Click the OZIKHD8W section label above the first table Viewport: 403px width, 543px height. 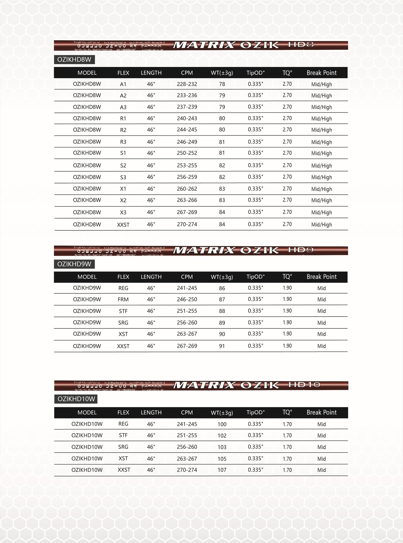coord(74,59)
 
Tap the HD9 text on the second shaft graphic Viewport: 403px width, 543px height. coord(301,250)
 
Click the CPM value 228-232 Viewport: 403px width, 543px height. coord(187,84)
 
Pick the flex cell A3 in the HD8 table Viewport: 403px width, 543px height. coord(123,107)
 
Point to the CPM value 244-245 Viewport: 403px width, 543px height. coord(187,130)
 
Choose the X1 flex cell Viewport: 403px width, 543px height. coord(123,189)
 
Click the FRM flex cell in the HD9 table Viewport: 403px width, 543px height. coord(123,299)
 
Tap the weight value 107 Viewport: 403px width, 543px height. coord(222,470)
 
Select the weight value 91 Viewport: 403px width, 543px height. coord(222,346)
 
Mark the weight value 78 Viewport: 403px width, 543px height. coord(222,84)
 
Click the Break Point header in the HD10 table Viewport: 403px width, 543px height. coord(322,412)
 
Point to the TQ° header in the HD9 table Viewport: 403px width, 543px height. coord(287,277)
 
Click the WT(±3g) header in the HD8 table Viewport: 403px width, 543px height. coord(222,73)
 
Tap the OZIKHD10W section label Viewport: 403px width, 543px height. coord(76,399)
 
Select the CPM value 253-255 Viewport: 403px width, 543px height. coord(187,165)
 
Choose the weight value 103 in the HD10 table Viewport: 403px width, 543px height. coord(222,447)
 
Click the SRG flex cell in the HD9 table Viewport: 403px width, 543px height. coord(123,323)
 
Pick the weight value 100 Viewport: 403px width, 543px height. coord(222,424)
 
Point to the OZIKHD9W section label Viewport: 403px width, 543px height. coord(74,264)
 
